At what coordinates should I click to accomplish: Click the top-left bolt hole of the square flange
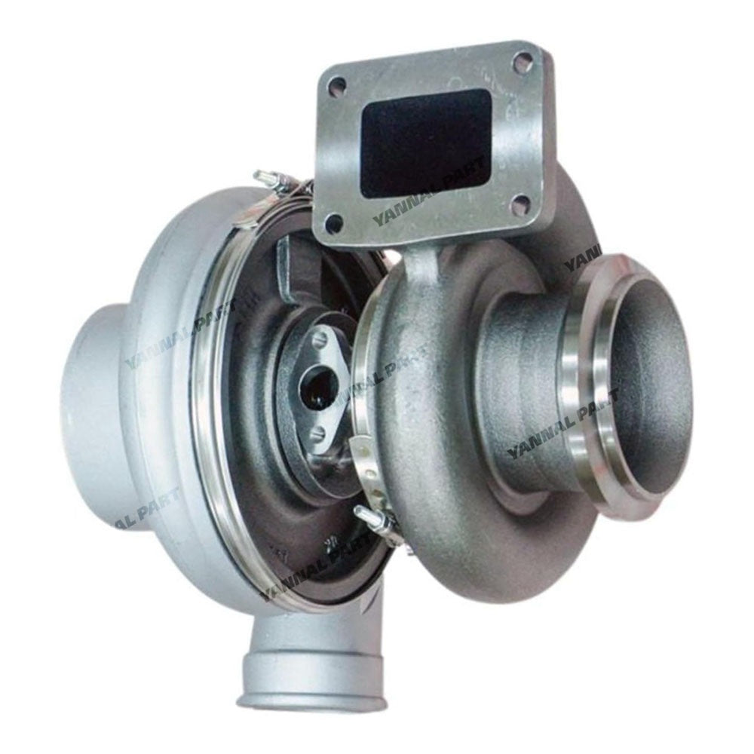[338, 84]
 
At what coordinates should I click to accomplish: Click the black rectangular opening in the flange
[427, 143]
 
